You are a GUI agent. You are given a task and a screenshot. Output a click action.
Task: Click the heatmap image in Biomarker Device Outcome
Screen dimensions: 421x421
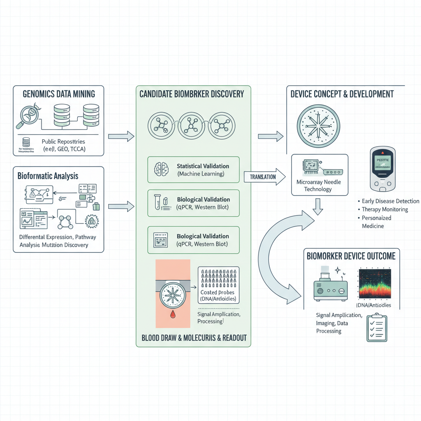[x=375, y=284]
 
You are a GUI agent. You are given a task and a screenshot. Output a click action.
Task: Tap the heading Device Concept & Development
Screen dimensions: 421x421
[x=342, y=94]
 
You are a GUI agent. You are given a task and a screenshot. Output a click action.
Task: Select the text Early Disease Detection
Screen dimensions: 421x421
[x=390, y=201]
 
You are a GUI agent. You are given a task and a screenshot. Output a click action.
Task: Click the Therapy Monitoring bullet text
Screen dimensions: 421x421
[x=385, y=209]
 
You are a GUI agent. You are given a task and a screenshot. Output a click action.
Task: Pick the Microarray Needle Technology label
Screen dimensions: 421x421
[x=318, y=185]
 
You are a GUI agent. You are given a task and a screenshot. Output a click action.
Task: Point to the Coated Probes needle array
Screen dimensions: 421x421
[x=218, y=278]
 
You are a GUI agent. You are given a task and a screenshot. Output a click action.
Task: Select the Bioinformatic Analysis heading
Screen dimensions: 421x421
[x=48, y=176]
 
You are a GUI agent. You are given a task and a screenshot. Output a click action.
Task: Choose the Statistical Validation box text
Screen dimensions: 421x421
[x=203, y=170]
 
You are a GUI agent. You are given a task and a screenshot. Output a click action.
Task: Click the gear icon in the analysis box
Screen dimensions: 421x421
[x=91, y=221]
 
